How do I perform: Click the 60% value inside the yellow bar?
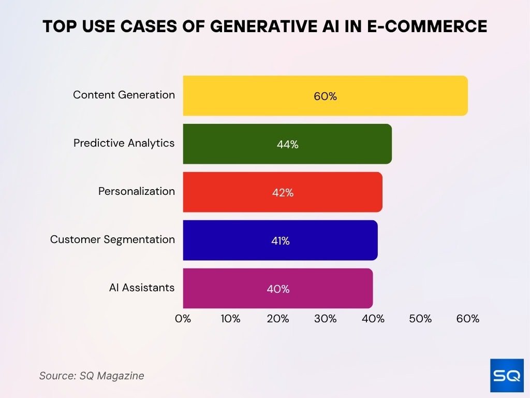325,96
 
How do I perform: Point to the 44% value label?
287,145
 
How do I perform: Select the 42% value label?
283,193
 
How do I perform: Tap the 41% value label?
280,241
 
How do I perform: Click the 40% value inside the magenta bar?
278,289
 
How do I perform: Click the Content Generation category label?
124,95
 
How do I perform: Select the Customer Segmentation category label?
112,239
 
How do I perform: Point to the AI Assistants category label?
142,288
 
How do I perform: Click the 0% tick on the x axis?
183,319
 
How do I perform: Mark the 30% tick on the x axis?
326,319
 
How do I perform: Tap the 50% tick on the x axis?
420,319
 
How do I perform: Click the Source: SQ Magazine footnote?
92,376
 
